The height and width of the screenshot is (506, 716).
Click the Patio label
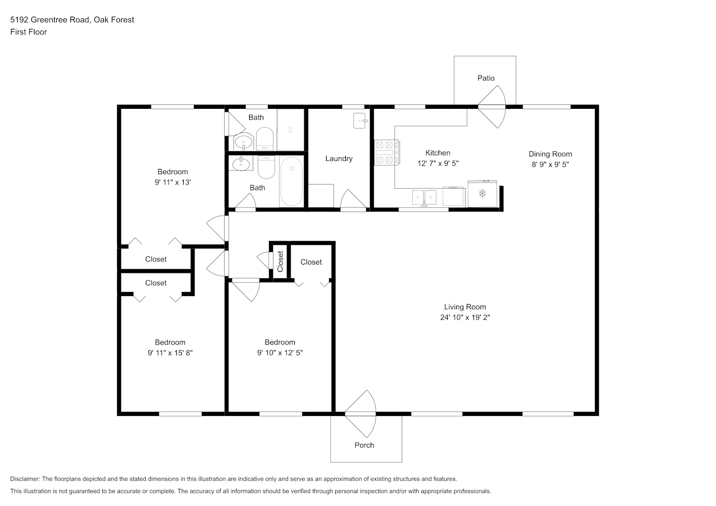tap(486, 78)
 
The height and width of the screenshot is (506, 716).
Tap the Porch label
tap(364, 445)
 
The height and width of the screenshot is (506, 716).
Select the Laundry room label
tap(339, 159)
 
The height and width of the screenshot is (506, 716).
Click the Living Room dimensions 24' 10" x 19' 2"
tap(465, 318)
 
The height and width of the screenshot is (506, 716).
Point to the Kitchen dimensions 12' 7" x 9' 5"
tap(438, 163)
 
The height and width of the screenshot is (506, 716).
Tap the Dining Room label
tap(550, 154)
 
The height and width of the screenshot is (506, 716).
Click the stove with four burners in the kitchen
tap(386, 152)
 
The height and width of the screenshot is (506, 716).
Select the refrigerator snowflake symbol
tap(482, 194)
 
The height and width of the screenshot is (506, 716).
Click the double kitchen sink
tap(424, 197)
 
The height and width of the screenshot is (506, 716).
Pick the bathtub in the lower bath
tap(291, 181)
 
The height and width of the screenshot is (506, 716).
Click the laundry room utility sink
tap(360, 121)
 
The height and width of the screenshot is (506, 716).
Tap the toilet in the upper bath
tap(265, 139)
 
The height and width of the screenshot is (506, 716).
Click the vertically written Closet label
tap(281, 262)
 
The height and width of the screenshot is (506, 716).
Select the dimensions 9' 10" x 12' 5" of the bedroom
tap(280, 353)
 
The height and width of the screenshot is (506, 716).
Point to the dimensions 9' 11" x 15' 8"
tap(170, 353)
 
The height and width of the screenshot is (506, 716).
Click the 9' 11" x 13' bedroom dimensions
tap(173, 182)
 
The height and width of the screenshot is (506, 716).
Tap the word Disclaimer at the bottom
tap(25, 479)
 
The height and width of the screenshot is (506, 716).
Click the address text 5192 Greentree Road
tap(50, 20)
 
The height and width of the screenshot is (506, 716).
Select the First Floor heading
tap(28, 32)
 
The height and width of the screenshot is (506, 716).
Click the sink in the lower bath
tap(241, 164)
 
